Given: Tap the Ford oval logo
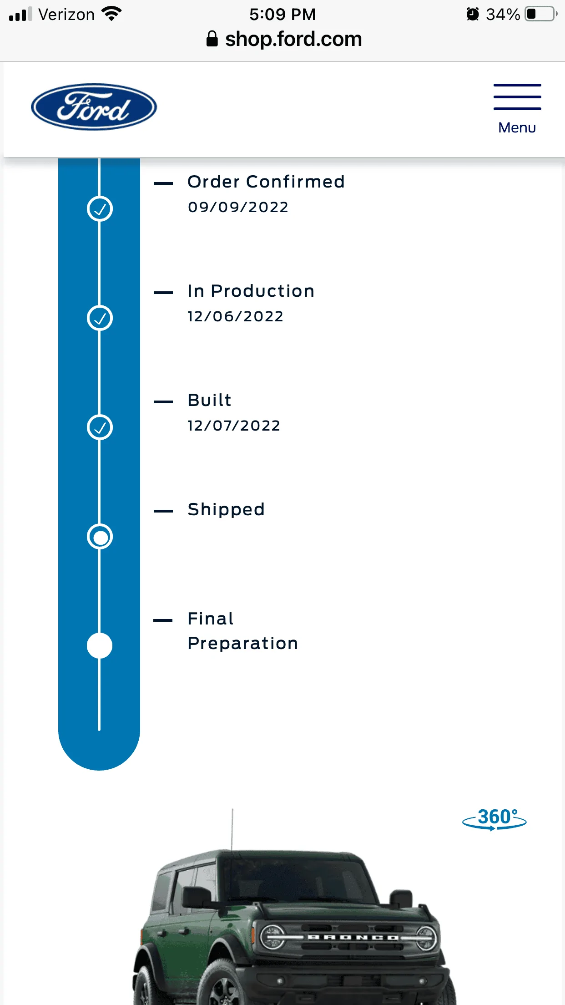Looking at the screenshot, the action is pos(94,107).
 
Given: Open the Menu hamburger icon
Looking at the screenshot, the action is pos(517,96).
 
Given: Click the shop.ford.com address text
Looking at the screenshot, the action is pos(293,39).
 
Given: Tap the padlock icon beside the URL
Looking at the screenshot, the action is pos(212,39).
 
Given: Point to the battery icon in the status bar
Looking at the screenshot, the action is pos(541,14).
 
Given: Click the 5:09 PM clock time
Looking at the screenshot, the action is pos(282,14).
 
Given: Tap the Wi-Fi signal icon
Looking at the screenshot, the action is pos(112,14).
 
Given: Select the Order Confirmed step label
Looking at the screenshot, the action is pos(266,182).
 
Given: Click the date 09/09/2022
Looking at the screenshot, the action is pos(238,207).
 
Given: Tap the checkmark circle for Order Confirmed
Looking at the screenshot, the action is pos(100,209).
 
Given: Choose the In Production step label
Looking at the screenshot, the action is pos(251,291).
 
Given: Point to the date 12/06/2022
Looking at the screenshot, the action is pos(236,316).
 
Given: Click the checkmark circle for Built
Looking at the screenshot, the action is pos(100,427).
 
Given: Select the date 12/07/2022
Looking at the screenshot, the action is pos(234,426).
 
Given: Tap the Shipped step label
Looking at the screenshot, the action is pos(226,509).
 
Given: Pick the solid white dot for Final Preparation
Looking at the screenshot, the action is pos(100,646).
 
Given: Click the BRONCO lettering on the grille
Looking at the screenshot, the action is pos(353,938).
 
